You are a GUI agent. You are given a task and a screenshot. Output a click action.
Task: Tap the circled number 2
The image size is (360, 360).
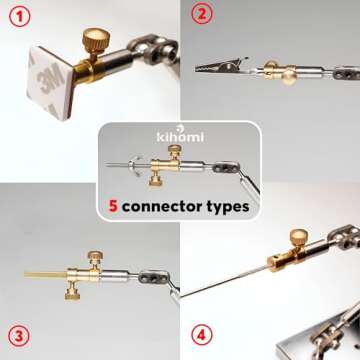pos(204,15)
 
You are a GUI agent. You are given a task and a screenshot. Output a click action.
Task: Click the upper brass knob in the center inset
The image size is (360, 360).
pos(175,150)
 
